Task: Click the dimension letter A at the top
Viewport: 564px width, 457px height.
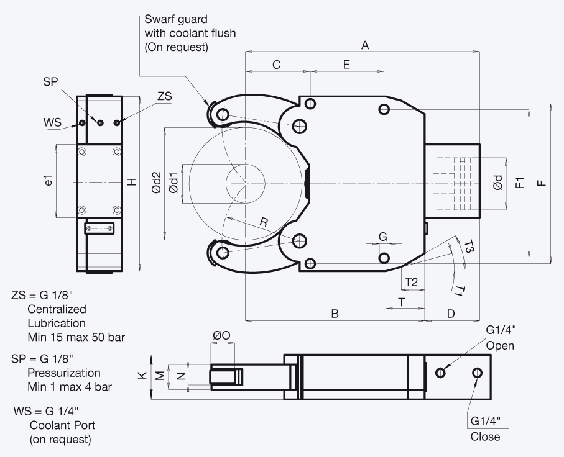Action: (x=365, y=45)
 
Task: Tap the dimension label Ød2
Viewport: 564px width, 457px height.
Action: (x=157, y=183)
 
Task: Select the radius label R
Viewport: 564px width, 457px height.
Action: (x=264, y=222)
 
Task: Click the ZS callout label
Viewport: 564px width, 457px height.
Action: (x=165, y=96)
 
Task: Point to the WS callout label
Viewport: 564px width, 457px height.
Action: (x=52, y=122)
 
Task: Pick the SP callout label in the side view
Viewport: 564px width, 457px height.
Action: (x=50, y=81)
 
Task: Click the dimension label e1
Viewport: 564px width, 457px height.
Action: (x=49, y=180)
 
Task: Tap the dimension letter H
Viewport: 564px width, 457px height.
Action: (x=132, y=182)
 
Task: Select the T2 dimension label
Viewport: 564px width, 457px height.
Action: (x=411, y=282)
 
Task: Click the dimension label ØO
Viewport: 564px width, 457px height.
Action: (x=221, y=335)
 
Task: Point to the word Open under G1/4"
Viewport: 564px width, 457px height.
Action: (x=500, y=346)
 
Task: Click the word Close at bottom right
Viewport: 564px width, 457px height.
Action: (x=485, y=437)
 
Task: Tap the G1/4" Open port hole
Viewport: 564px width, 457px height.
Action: (x=441, y=373)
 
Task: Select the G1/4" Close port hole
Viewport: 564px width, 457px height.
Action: (x=478, y=373)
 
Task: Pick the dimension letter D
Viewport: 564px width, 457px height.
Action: (x=451, y=314)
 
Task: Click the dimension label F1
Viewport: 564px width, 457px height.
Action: (x=520, y=183)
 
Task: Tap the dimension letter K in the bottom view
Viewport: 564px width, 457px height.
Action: (x=142, y=376)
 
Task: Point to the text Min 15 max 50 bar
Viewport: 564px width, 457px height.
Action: (x=76, y=337)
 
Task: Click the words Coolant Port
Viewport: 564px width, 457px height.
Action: (x=62, y=425)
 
